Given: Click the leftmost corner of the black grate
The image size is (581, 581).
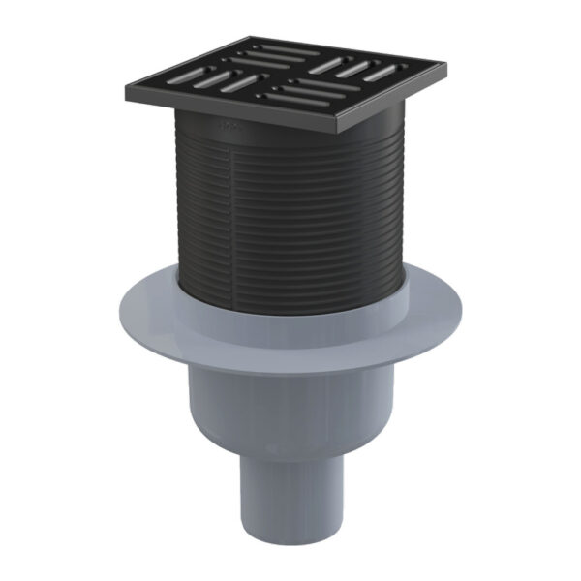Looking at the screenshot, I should (127, 91).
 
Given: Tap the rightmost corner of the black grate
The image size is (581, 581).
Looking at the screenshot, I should (444, 71).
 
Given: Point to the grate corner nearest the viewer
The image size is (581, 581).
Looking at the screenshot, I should (339, 129).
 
